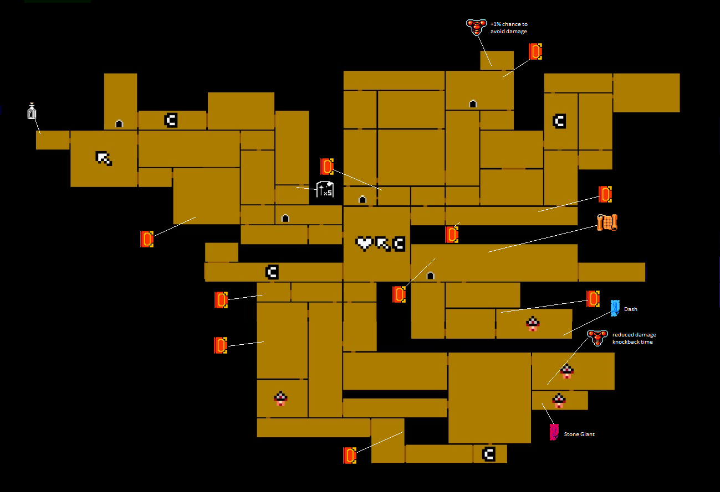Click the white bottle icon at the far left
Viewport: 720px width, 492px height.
click(x=32, y=111)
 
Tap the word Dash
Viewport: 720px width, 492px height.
click(x=630, y=309)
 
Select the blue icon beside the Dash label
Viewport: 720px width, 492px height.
click(x=615, y=308)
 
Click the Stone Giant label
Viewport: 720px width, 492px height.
click(x=579, y=434)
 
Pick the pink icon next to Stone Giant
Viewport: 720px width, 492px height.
click(x=554, y=432)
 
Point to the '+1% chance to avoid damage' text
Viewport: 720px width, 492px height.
click(x=508, y=28)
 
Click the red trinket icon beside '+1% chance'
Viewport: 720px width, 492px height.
click(x=476, y=27)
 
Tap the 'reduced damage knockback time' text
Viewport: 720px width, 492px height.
click(x=634, y=338)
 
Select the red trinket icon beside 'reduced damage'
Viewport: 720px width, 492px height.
click(x=597, y=337)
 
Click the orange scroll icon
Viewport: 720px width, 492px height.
click(x=607, y=222)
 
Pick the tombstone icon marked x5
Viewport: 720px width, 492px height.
click(x=325, y=189)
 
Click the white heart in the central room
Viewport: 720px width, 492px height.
click(x=364, y=244)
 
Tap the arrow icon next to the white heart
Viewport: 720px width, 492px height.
click(x=382, y=244)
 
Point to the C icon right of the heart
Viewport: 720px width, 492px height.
click(x=399, y=244)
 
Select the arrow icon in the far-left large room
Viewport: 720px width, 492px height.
click(x=104, y=158)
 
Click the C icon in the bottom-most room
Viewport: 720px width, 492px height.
click(x=488, y=454)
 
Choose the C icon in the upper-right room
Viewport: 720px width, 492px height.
click(x=559, y=121)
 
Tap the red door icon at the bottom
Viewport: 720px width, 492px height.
click(x=349, y=455)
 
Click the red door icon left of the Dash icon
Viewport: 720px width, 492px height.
click(x=593, y=299)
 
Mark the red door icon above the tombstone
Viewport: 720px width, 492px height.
click(x=327, y=166)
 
